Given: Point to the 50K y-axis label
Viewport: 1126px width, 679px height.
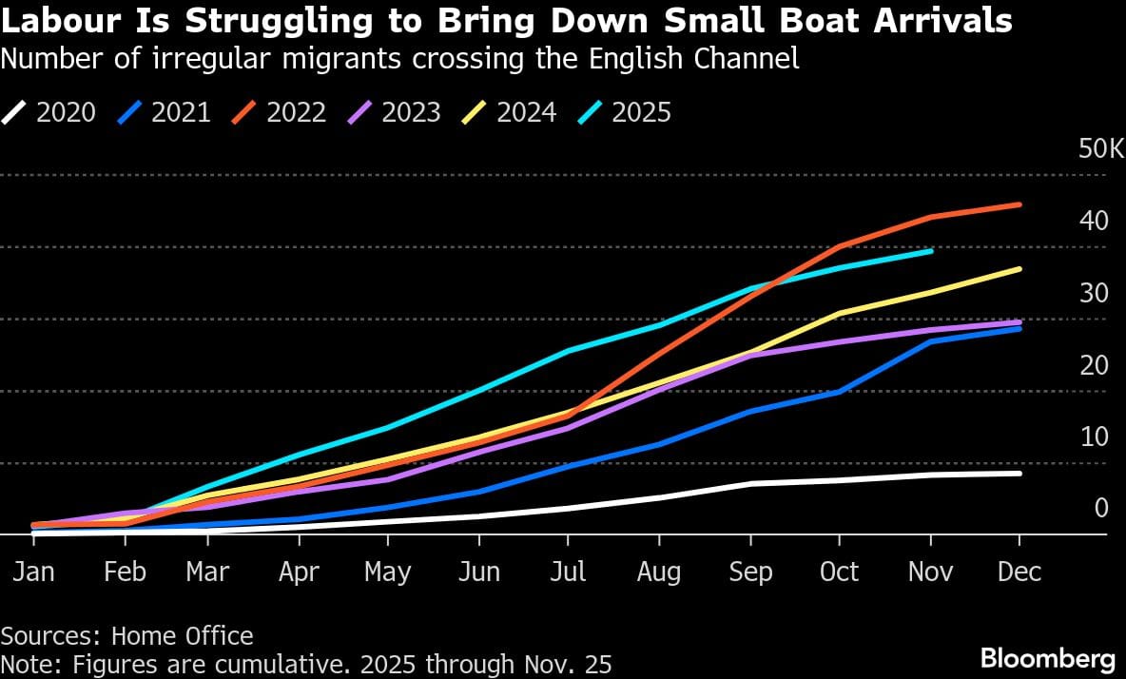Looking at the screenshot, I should [1101, 149].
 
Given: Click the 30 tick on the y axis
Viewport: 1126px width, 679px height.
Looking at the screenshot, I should [1094, 293].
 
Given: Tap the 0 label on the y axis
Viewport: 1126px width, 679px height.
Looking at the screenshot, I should [1101, 508].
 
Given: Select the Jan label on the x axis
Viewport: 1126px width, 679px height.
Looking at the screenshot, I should [34, 572].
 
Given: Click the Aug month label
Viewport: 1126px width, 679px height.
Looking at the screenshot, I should [658, 572].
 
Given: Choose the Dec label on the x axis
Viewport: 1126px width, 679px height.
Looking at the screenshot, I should [1019, 572].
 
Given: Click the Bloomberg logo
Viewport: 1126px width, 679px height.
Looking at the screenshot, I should [1047, 658].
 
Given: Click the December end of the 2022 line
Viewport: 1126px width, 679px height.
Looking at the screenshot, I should [1019, 204].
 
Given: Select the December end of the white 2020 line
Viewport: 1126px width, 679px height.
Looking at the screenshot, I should [1019, 473].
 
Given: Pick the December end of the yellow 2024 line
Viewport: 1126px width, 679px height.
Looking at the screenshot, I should [1019, 269].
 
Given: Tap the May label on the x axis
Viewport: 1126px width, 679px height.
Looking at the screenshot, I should [388, 572].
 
